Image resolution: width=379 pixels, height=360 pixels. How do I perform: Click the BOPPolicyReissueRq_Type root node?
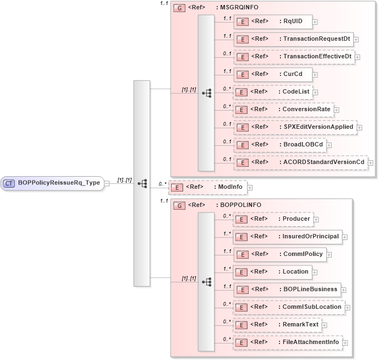click(x=53, y=183)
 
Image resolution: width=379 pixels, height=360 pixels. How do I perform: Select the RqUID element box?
click(x=273, y=21)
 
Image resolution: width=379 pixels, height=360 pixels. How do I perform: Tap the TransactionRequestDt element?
click(x=293, y=39)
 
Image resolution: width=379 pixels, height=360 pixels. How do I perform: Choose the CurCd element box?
click(x=273, y=74)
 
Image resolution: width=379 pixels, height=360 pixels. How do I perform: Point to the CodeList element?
click(x=273, y=91)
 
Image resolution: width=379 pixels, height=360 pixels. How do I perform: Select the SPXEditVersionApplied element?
click(x=295, y=127)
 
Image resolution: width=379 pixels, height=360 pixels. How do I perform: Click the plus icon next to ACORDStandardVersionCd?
click(x=370, y=163)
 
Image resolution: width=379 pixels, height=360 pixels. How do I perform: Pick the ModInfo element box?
click(x=207, y=187)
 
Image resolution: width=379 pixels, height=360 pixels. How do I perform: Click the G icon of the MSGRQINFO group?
click(x=179, y=8)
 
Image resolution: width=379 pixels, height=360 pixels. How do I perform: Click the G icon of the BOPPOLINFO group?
click(x=179, y=205)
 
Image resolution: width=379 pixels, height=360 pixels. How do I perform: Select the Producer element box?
click(x=273, y=219)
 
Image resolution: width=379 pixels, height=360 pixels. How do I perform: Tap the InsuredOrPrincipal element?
click(x=287, y=237)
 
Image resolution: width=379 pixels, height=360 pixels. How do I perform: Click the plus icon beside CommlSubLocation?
click(x=348, y=307)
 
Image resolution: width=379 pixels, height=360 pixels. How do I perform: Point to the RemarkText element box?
click(x=277, y=325)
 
